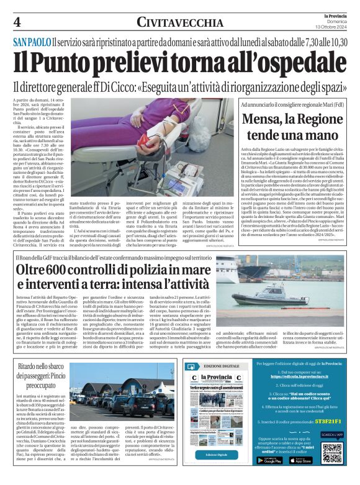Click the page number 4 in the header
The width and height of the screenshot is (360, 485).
[x=17, y=22]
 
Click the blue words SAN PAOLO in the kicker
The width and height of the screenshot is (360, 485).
[x=31, y=42]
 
